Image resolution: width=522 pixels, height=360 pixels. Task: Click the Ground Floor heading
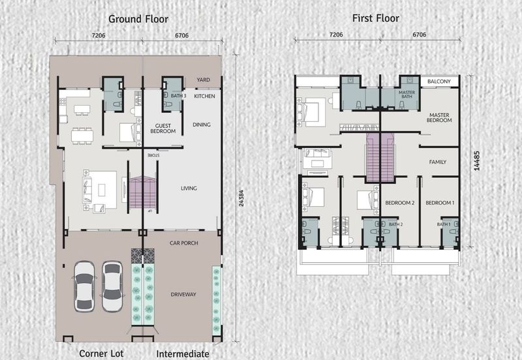[x=138, y=19]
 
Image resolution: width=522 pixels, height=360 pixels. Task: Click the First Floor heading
[x=376, y=18]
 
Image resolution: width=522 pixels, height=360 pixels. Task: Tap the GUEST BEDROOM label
[x=162, y=128]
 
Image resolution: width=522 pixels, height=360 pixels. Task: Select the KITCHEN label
[x=204, y=96]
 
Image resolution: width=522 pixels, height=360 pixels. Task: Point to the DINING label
[x=202, y=125]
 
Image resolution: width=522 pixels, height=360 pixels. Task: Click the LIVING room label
[x=189, y=188]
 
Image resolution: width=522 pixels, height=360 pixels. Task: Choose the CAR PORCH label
[x=184, y=243]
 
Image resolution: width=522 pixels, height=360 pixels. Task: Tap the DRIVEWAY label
[x=183, y=294]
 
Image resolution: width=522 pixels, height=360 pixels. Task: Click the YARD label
[x=203, y=80]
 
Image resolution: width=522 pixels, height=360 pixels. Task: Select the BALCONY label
[x=438, y=82]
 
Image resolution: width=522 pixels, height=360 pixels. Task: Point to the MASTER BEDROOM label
[x=439, y=117]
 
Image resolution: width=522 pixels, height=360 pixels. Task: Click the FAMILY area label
[x=437, y=162]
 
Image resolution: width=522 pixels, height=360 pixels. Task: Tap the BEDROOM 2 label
[x=399, y=203]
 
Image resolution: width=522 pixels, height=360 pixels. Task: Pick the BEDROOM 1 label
[x=440, y=203]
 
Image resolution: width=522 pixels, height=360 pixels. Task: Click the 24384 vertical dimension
[x=241, y=198]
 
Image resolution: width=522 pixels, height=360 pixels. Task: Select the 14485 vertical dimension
[x=477, y=161]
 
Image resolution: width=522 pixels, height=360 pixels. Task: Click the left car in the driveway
[x=84, y=286]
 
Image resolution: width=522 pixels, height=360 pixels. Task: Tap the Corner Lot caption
[x=101, y=353]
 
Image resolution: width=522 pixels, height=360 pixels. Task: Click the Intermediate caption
[x=183, y=354]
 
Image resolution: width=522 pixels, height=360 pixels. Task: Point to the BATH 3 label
[x=178, y=96]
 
